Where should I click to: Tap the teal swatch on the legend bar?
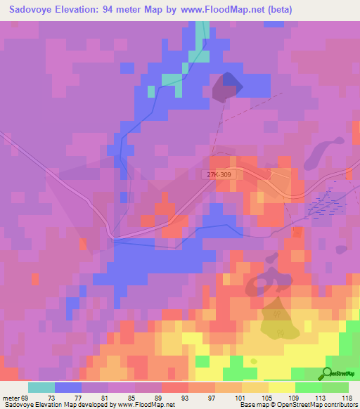[x=41, y=387]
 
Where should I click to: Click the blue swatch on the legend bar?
[x=68, y=387]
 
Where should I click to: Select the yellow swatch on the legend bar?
[x=282, y=387]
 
